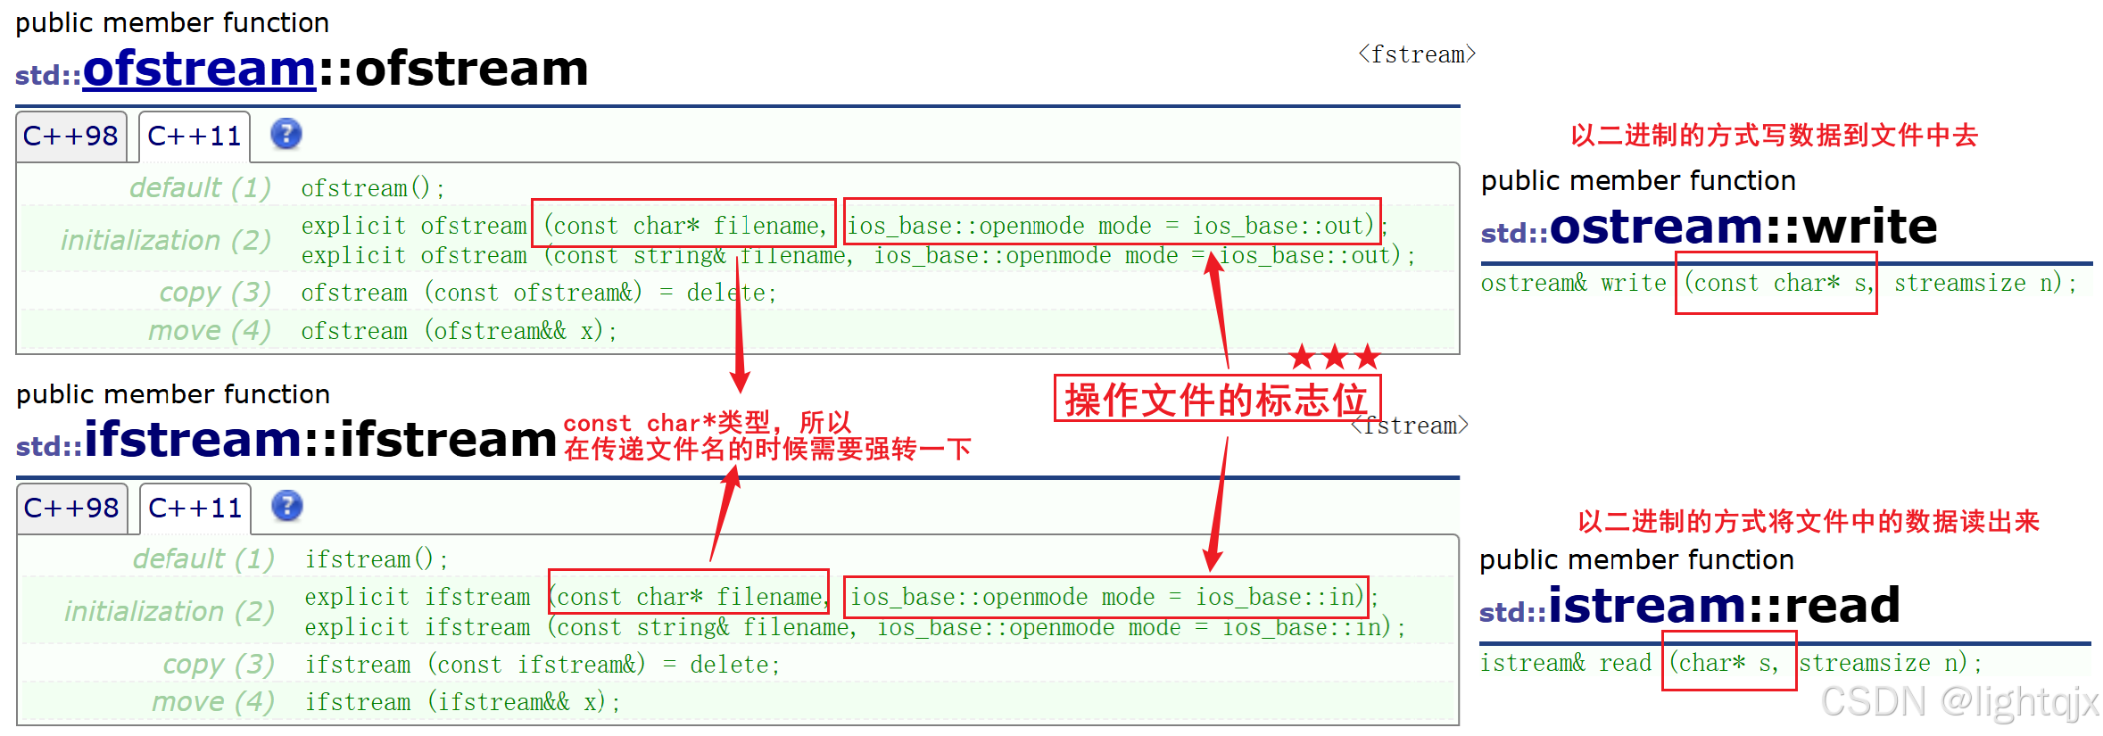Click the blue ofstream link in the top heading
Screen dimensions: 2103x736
point(199,69)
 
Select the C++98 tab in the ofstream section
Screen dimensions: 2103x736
point(70,136)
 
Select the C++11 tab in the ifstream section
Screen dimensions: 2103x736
point(195,509)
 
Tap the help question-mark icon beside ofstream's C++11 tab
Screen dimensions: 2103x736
point(286,135)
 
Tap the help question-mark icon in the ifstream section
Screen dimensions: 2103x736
point(287,506)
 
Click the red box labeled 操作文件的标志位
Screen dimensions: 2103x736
point(1216,399)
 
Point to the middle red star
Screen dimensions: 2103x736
point(1335,358)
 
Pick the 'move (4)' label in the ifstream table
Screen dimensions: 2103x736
point(212,702)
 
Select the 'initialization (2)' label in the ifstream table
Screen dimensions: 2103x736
point(169,612)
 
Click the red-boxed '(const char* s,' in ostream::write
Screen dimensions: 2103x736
point(1776,284)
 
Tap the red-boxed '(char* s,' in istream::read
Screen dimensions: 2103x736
point(1727,663)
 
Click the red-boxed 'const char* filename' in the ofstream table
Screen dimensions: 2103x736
point(683,225)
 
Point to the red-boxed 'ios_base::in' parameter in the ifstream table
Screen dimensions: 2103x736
point(1105,597)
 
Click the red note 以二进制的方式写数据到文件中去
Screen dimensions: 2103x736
point(1774,136)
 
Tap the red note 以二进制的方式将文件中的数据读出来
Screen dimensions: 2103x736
point(1808,522)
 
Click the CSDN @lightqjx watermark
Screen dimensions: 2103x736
point(1958,702)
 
